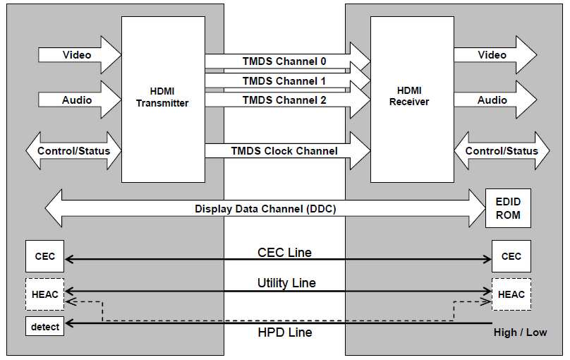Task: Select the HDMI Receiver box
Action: click(x=412, y=99)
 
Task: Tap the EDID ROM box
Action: click(x=508, y=208)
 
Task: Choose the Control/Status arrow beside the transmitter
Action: click(x=73, y=151)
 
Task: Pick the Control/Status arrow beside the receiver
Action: click(x=502, y=151)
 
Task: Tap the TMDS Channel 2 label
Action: click(x=284, y=100)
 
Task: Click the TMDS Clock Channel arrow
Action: click(x=286, y=151)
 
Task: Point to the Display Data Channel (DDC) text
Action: click(x=265, y=209)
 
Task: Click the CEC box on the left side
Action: click(x=44, y=256)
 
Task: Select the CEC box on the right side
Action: click(x=511, y=256)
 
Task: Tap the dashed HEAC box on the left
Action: click(x=44, y=294)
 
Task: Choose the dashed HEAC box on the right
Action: click(x=511, y=294)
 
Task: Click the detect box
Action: click(x=44, y=327)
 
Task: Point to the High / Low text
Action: click(x=519, y=332)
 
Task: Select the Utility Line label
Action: click(x=286, y=283)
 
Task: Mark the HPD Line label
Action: click(x=284, y=332)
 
